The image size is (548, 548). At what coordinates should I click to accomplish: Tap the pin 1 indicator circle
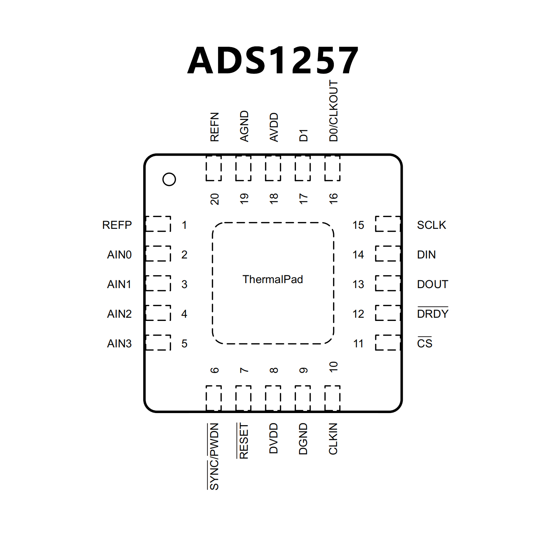(x=169, y=179)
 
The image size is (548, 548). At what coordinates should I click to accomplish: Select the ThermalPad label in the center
(x=273, y=279)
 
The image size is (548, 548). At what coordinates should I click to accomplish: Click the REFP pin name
(x=117, y=225)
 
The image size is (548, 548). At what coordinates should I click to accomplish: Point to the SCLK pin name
(x=432, y=225)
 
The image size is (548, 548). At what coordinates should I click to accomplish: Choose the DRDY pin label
(x=433, y=313)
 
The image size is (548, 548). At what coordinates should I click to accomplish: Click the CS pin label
(x=424, y=343)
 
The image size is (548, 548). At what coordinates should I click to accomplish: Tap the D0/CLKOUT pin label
(x=333, y=111)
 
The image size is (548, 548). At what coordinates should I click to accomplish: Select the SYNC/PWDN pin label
(x=214, y=456)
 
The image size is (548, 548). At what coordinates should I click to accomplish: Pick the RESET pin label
(x=244, y=441)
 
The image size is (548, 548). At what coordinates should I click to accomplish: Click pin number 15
(x=358, y=225)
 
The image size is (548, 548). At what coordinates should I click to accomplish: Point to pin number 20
(x=215, y=199)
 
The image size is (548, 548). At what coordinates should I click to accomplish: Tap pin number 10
(x=333, y=367)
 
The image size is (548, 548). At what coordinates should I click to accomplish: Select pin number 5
(x=184, y=343)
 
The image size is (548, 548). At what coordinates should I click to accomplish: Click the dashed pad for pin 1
(x=158, y=224)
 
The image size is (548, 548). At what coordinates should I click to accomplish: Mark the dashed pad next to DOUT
(x=388, y=283)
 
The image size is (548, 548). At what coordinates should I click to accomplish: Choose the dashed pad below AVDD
(x=273, y=168)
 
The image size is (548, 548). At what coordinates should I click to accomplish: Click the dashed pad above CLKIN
(x=332, y=398)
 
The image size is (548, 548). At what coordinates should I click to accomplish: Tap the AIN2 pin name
(x=119, y=314)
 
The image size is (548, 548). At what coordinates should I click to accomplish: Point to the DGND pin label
(x=303, y=439)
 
